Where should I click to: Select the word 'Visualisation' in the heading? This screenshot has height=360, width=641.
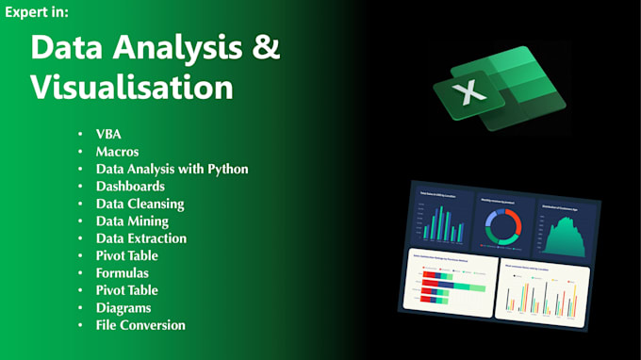coord(132,87)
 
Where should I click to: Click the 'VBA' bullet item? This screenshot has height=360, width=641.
coord(109,134)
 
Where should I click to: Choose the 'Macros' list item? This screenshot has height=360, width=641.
coord(117,151)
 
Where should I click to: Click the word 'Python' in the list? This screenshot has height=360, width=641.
coord(225,169)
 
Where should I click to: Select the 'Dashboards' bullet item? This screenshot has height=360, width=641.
coord(130,186)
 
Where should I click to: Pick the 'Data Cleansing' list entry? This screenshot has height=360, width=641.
coord(140,204)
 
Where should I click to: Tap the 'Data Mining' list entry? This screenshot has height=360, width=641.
coord(132,221)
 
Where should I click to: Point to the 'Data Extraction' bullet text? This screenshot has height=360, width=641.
coord(141,238)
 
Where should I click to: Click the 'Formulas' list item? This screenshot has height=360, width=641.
coord(123,272)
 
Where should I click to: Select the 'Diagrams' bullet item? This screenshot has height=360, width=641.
coord(123,307)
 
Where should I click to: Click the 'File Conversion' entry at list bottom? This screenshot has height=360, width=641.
coord(140,325)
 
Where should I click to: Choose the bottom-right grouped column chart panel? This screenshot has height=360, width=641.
coord(542,292)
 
